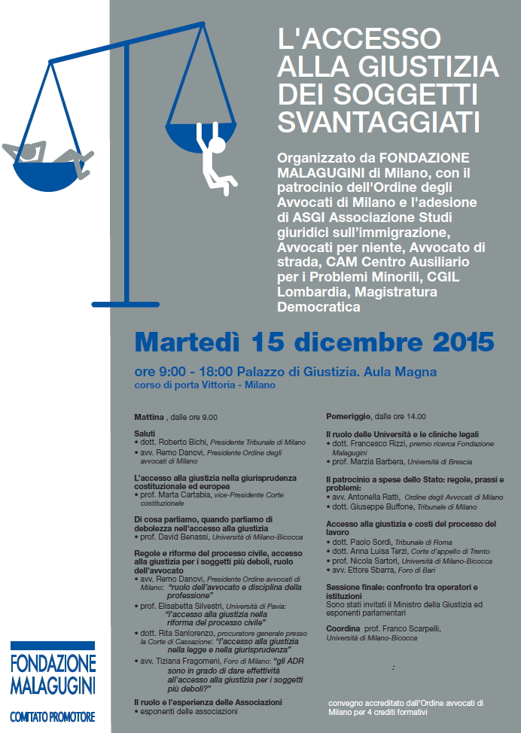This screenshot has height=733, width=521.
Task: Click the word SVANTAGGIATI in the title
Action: pyautogui.click(x=379, y=121)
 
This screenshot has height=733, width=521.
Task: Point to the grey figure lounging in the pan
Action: pyautogui.click(x=45, y=151)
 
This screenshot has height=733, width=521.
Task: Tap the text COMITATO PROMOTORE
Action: pyautogui.click(x=53, y=717)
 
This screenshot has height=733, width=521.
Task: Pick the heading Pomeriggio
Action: pyautogui.click(x=349, y=416)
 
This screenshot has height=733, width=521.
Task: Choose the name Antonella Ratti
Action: pyautogui.click(x=373, y=497)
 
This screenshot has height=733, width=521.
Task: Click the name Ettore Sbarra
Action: pyautogui.click(x=376, y=569)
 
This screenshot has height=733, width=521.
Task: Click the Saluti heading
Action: pyautogui.click(x=145, y=433)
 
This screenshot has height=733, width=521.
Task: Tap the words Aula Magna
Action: pyautogui.click(x=407, y=372)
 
